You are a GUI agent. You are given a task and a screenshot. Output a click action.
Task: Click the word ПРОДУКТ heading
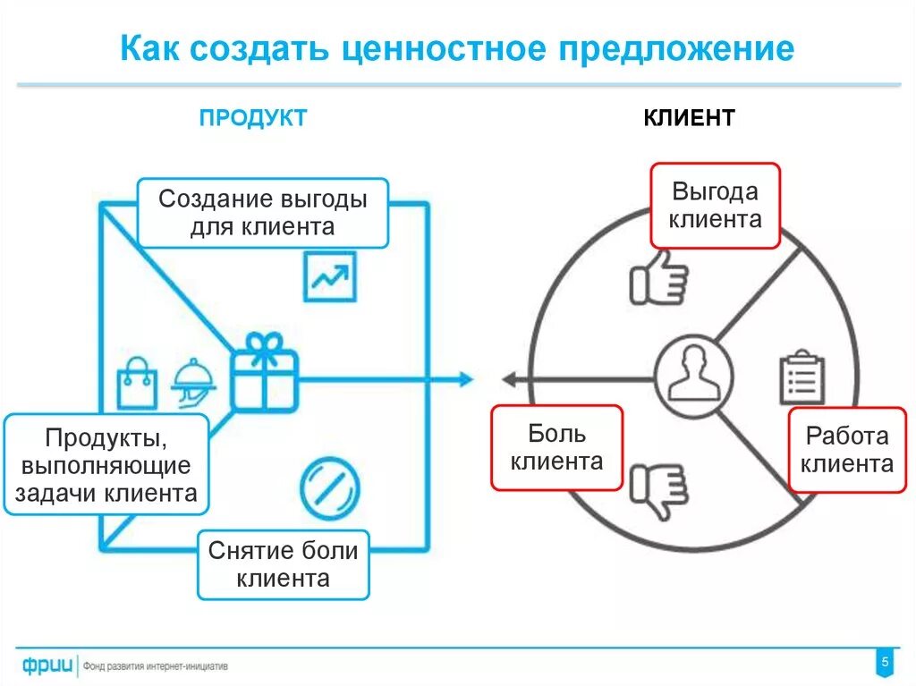pyautogui.click(x=252, y=117)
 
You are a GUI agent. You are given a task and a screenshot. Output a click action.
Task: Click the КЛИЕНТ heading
pyautogui.click(x=689, y=117)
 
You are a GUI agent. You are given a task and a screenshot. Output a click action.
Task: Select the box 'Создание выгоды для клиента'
pyautogui.click(x=262, y=212)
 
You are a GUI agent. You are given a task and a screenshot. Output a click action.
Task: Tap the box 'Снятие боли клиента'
pyautogui.click(x=283, y=564)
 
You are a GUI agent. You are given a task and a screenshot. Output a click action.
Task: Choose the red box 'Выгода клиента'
pyautogui.click(x=715, y=205)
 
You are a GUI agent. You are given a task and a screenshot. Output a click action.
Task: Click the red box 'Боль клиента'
pyautogui.click(x=556, y=447)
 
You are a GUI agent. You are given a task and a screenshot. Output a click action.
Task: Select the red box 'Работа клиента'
pyautogui.click(x=846, y=450)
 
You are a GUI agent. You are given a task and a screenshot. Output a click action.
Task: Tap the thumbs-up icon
pyautogui.click(x=658, y=277)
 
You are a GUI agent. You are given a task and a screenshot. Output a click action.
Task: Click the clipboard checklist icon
pyautogui.click(x=801, y=378)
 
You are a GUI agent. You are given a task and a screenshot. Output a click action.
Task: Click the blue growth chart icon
pyautogui.click(x=329, y=276)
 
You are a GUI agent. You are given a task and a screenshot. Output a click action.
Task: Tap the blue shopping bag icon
pyautogui.click(x=137, y=384)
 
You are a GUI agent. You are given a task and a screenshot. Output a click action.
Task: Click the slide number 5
pyautogui.click(x=885, y=663)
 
